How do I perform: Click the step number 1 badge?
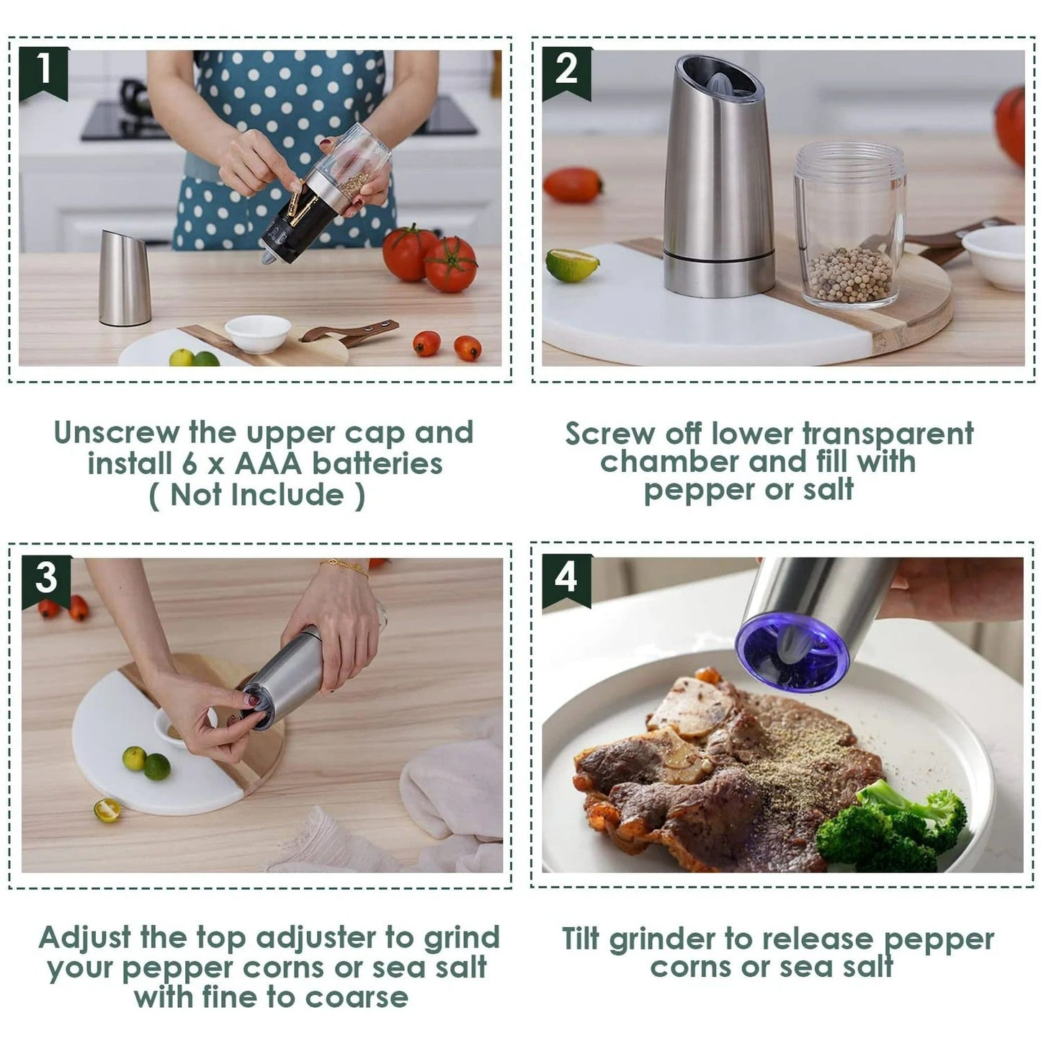(43, 71)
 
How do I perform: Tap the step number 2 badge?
(566, 71)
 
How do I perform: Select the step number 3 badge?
(46, 579)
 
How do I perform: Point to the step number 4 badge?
(566, 578)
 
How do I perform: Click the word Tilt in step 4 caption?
(581, 939)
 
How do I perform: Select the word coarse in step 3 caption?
(357, 998)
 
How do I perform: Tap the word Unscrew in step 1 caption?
(116, 432)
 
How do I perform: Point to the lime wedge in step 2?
(572, 265)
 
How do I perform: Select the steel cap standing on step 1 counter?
(125, 279)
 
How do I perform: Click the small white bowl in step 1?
(257, 334)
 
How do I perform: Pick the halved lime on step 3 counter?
(107, 810)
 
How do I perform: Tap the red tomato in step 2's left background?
(572, 185)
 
